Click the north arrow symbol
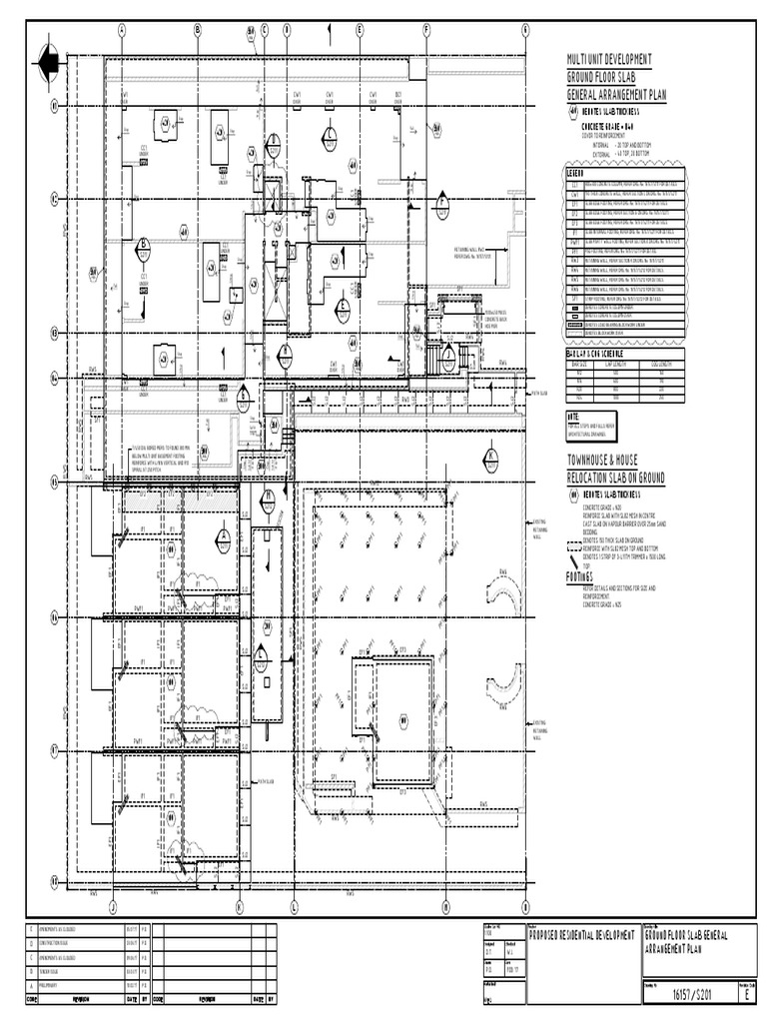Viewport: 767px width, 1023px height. point(47,65)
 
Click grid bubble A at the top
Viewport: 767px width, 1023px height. point(122,30)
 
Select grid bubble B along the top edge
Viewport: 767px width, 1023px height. point(198,30)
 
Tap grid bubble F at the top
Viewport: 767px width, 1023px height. point(426,30)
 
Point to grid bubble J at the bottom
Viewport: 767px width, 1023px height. point(113,907)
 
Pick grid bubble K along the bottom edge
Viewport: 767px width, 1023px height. point(240,907)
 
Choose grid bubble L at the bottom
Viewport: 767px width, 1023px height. point(295,907)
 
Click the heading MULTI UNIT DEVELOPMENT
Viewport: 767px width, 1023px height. point(609,61)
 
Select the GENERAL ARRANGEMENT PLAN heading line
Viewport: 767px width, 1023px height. point(615,95)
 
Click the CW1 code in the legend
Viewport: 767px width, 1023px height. point(574,194)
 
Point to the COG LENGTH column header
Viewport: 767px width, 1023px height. point(660,364)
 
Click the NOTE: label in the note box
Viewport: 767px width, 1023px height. point(573,416)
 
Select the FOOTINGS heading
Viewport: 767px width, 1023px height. point(580,577)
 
